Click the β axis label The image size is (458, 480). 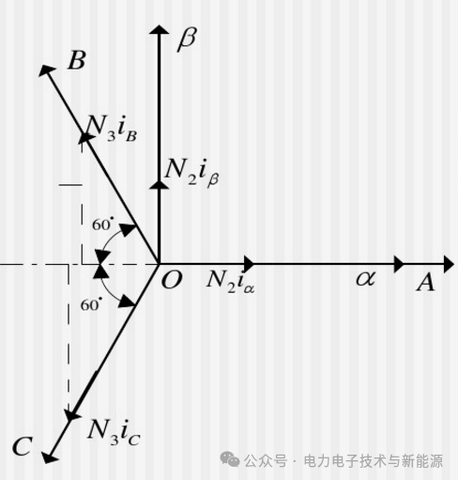[188, 39]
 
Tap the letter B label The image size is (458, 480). [77, 60]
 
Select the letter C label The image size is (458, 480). [23, 446]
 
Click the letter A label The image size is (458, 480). [426, 283]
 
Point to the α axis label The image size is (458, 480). [366, 278]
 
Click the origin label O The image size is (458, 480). [172, 280]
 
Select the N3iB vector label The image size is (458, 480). [111, 129]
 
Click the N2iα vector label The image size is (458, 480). [231, 280]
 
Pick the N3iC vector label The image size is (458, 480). [114, 432]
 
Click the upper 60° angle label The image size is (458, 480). [101, 225]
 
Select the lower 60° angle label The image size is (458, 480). [91, 304]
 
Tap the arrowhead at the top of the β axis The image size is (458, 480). [160, 29]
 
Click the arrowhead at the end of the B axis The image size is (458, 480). [47, 70]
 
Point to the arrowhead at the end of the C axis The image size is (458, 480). [49, 457]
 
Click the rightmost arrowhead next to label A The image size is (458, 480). [449, 265]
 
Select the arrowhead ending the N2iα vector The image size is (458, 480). [250, 264]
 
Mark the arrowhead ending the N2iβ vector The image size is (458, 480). [160, 185]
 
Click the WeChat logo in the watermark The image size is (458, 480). [230, 459]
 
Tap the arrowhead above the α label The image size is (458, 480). [399, 264]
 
